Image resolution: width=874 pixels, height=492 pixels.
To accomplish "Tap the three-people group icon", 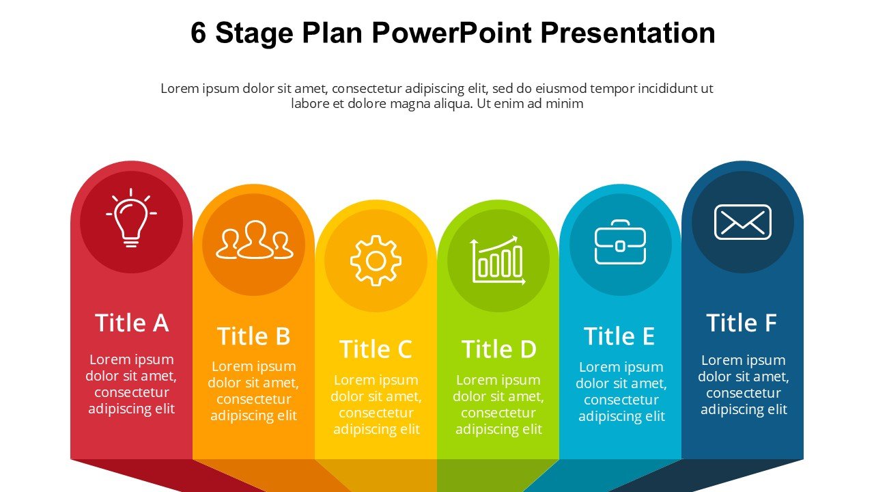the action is click(255, 240).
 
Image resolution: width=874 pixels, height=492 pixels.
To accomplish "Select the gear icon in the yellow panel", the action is click(376, 261).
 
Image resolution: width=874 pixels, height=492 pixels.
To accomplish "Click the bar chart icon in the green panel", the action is click(498, 260).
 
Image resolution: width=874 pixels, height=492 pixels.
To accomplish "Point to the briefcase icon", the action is click(620, 242).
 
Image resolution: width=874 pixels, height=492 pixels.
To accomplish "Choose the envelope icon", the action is click(742, 222).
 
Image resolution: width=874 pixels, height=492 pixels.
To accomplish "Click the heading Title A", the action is click(132, 323).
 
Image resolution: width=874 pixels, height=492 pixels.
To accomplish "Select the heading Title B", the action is click(253, 336).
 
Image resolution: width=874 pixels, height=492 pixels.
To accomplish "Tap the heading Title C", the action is click(376, 348).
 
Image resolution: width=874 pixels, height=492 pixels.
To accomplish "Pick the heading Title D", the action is click(498, 348).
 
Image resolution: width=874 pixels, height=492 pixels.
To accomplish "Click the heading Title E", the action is click(619, 336).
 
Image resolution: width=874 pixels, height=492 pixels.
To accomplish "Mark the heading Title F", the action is click(742, 323).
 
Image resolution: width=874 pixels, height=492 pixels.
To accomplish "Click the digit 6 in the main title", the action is click(198, 32).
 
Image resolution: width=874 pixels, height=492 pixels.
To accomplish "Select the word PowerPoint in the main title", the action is click(452, 32).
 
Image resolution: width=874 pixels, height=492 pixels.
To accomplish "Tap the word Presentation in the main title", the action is click(628, 32).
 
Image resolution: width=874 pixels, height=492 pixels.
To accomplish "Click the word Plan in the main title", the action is click(332, 32).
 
